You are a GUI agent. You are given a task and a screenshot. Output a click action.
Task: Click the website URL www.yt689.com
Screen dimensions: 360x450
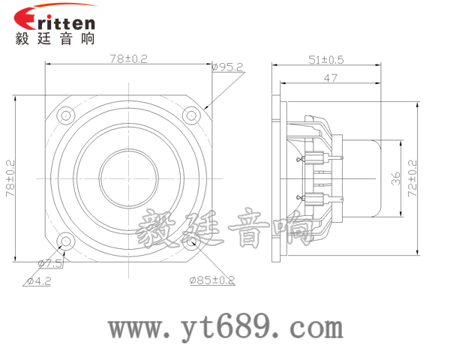point(225,328)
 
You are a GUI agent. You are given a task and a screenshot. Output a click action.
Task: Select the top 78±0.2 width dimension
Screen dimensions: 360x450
point(129,58)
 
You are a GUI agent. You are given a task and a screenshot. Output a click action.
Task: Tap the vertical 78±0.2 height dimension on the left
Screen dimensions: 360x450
point(10,178)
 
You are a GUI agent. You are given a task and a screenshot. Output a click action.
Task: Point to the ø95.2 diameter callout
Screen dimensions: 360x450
point(228,67)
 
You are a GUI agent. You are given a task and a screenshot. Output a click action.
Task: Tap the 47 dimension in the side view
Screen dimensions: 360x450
point(329,77)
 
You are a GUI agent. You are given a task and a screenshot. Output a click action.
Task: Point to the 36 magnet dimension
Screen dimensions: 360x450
point(396,178)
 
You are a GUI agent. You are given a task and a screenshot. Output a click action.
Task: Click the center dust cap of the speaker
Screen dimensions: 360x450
point(129,178)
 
